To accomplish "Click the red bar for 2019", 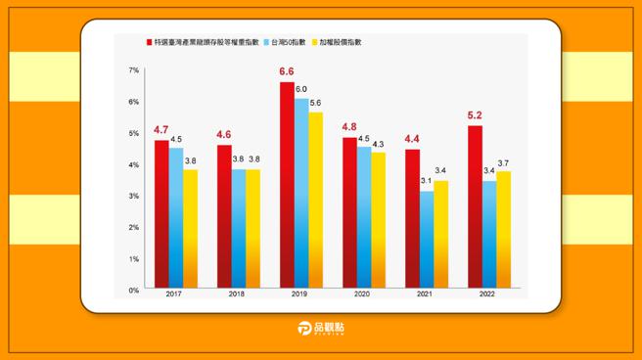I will pos(286,186).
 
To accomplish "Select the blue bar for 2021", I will pos(427,240).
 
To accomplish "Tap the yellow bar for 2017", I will pos(190,229).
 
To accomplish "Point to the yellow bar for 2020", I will pos(379,220).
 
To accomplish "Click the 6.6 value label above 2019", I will pos(286,72).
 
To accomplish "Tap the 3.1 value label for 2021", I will pos(427,181).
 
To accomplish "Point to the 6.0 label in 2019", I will pos(301,89).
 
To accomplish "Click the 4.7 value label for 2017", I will pos(161,130).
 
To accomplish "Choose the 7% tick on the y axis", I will pos(134,71).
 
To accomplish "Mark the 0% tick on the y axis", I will pos(134,291).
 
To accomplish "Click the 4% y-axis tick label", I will pos(134,165).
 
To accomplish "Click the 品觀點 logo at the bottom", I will pos(321,331).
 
